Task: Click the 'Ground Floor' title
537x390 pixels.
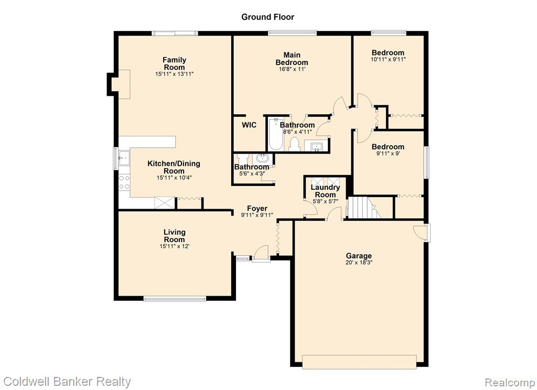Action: click(x=267, y=17)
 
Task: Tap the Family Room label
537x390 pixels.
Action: click(x=174, y=63)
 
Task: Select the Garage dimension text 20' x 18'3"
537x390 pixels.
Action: click(x=359, y=263)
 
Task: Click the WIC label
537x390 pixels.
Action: click(x=249, y=125)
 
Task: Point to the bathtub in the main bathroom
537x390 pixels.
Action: click(x=275, y=134)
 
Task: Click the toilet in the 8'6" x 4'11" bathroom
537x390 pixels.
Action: click(x=295, y=144)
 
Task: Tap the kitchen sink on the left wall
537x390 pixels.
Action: click(x=124, y=158)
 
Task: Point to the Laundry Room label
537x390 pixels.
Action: click(x=325, y=191)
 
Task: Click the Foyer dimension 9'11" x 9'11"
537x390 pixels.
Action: click(x=257, y=215)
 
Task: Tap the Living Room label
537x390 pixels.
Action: click(x=174, y=236)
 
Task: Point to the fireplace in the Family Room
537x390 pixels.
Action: click(x=119, y=84)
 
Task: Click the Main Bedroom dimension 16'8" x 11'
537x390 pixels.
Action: click(x=292, y=69)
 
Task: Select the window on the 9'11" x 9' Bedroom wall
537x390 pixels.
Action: click(x=427, y=162)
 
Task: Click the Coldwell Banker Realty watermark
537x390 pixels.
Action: click(x=67, y=382)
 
